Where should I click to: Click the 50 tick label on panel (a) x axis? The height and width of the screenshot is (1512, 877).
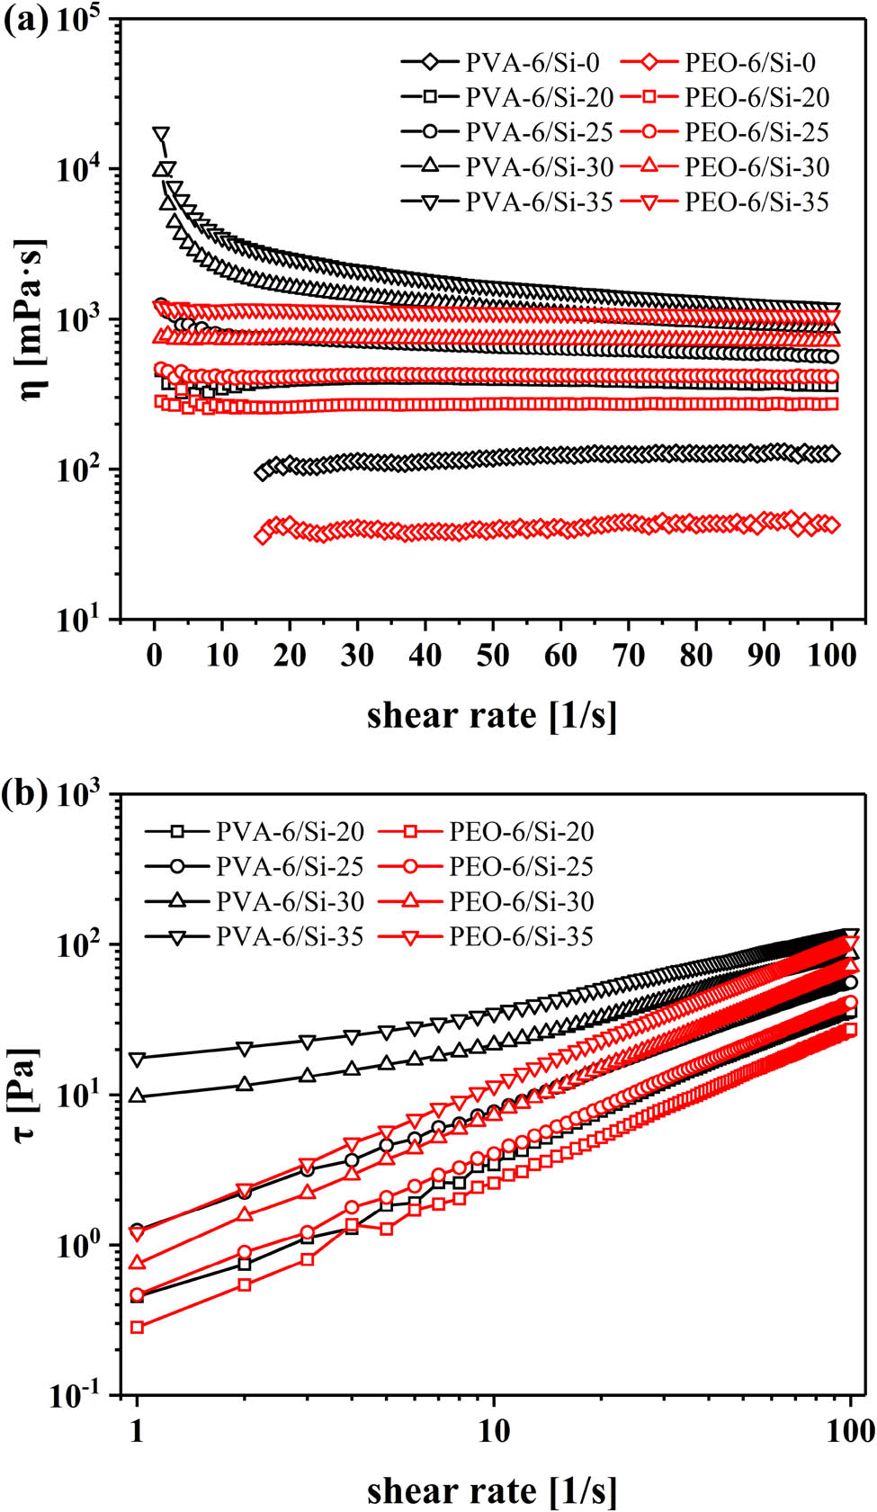[493, 655]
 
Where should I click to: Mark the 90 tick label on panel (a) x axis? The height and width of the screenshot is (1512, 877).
[764, 655]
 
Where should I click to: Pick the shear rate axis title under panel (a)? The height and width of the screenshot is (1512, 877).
[492, 716]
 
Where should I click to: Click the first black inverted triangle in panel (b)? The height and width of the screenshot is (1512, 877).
[137, 1060]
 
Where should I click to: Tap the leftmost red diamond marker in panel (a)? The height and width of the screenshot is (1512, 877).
[263, 536]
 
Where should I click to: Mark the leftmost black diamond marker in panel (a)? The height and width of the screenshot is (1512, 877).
[263, 472]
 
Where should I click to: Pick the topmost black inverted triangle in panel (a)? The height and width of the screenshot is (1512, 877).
[161, 135]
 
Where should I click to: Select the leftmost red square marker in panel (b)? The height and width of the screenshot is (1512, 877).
[137, 1328]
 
